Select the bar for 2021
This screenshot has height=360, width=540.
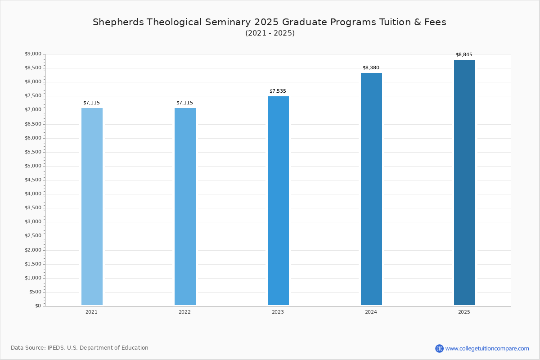click(x=92, y=207)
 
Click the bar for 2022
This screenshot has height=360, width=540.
click(x=185, y=207)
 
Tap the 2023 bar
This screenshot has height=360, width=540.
click(x=278, y=201)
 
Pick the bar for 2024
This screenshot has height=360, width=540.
click(x=371, y=189)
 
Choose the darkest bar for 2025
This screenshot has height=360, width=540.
click(x=464, y=182)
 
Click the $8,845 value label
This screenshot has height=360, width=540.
click(x=464, y=55)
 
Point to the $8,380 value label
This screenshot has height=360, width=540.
click(x=371, y=68)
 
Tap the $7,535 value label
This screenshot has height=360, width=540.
click(x=278, y=91)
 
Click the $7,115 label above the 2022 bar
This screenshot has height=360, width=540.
click(x=184, y=103)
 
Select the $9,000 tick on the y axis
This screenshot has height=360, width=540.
click(x=33, y=54)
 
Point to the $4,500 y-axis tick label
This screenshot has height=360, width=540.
click(x=33, y=180)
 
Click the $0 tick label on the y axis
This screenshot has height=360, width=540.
click(x=38, y=306)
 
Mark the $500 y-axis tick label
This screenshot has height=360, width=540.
click(x=35, y=292)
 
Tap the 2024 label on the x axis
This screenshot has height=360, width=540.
click(x=371, y=312)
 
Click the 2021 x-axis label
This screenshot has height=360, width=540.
click(x=91, y=312)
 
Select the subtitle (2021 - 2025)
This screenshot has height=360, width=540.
click(x=270, y=33)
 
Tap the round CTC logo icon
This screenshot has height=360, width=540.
click(x=439, y=348)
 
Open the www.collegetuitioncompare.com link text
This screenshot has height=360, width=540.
click(x=487, y=349)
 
